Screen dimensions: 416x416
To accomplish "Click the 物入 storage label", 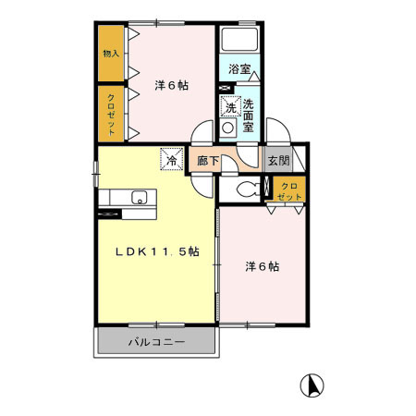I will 111,54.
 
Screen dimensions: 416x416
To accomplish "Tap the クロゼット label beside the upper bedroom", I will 111,115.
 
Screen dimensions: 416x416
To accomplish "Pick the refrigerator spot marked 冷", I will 171,159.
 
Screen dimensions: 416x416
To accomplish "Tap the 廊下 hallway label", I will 208,161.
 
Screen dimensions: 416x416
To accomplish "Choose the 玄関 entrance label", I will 278,160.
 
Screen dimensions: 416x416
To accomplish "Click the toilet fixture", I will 246,190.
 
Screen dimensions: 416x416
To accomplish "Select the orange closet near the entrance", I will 289,190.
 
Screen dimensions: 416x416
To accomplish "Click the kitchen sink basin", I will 140,196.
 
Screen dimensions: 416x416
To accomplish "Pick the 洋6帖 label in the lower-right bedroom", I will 263,267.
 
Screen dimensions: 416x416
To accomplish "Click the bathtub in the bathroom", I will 240,41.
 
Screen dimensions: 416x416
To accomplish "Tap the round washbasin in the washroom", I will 228,128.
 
